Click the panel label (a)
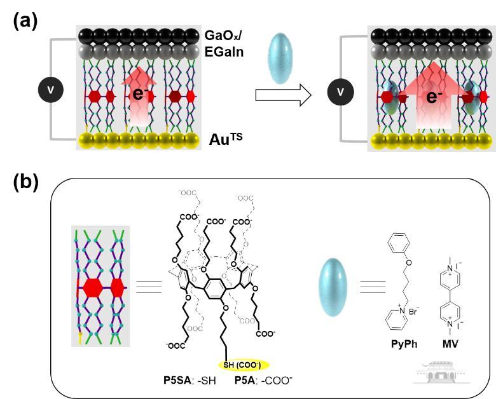pyautogui.click(x=25, y=20)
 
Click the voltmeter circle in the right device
pyautogui.click(x=340, y=93)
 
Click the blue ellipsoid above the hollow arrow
pyautogui.click(x=283, y=60)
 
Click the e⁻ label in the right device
pyautogui.click(x=434, y=97)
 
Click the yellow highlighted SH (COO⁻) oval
pyautogui.click(x=245, y=365)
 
